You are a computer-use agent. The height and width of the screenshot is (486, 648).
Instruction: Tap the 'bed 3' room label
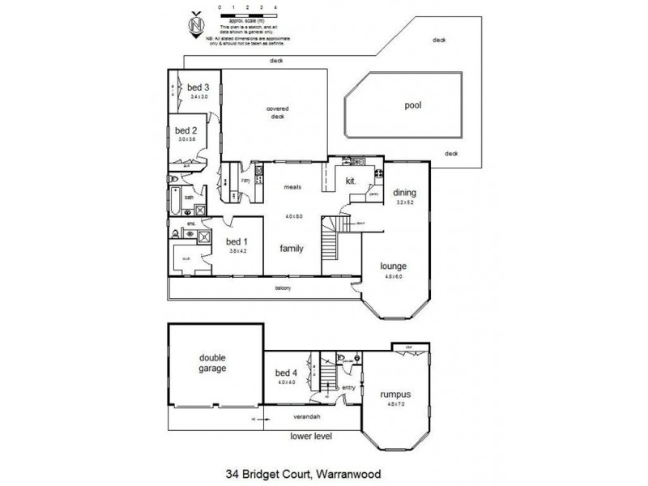(198, 87)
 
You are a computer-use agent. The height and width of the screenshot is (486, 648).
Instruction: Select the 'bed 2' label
(186, 130)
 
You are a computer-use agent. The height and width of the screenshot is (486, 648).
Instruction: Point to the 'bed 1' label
(236, 241)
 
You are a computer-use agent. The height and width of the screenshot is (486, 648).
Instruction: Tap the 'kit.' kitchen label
(352, 181)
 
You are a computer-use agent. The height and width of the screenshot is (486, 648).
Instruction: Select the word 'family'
(292, 249)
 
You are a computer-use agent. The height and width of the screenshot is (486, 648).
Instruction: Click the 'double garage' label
(215, 362)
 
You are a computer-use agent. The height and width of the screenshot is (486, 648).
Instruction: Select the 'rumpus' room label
(396, 394)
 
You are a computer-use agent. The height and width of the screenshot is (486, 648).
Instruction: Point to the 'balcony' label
(282, 288)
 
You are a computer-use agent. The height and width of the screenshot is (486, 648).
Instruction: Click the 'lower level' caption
(311, 437)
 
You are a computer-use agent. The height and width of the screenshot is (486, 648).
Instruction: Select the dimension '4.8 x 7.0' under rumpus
(396, 404)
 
